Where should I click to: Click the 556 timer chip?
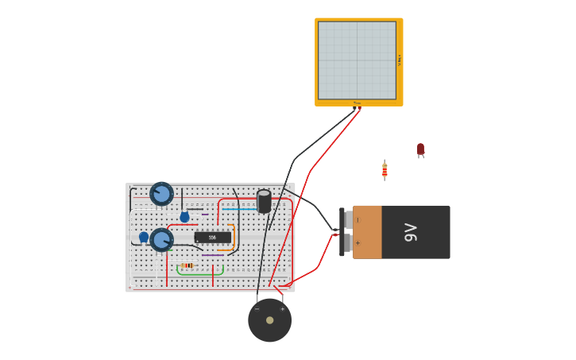[x=212, y=238]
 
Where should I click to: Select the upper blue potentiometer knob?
[x=161, y=193]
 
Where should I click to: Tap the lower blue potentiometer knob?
[x=161, y=239]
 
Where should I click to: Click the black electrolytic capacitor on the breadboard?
[x=264, y=201]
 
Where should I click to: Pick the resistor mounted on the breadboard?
[x=187, y=265]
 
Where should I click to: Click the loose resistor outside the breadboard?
[x=385, y=169]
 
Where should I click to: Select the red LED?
[x=420, y=149]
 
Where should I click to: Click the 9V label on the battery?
[x=411, y=232]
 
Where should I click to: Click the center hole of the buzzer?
[x=270, y=320]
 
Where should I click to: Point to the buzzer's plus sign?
[x=282, y=308]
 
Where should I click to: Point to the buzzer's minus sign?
[x=257, y=308]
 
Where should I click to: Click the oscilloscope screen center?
[x=357, y=60]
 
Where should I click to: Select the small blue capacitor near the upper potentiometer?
[x=184, y=217]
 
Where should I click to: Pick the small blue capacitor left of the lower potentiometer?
[x=144, y=237]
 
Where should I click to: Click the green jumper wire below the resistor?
[x=199, y=274]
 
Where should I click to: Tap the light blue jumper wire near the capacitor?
[x=238, y=209]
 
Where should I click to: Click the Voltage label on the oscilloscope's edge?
[x=400, y=60]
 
